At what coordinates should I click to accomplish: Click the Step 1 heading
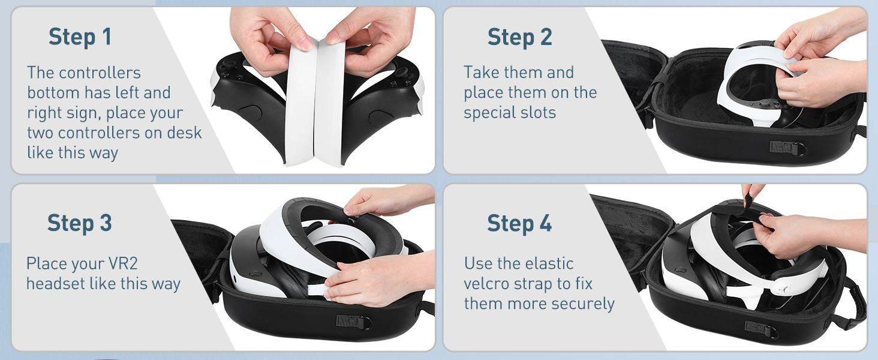(80, 37)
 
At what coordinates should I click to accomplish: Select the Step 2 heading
(520, 37)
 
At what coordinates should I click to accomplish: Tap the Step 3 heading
(80, 224)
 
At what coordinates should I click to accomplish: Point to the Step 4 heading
(519, 224)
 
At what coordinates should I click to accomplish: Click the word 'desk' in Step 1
(185, 133)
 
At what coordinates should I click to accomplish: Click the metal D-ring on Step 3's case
(366, 323)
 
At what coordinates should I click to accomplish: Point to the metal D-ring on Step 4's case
(773, 333)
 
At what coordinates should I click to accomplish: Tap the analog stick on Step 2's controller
(764, 103)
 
